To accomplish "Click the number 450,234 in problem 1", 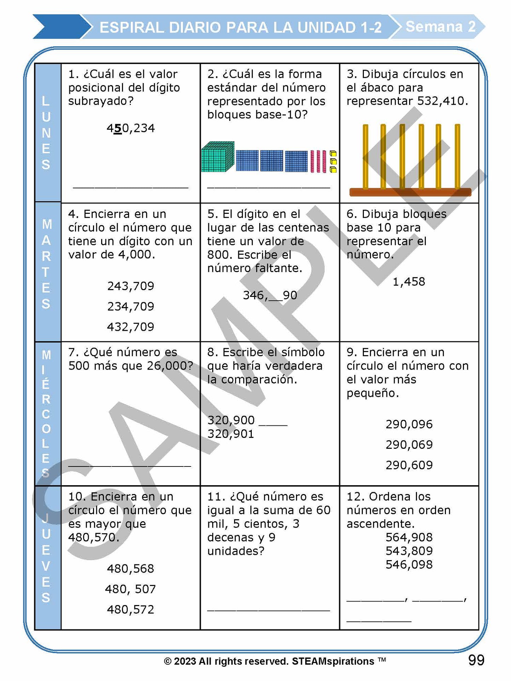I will pos(130,128).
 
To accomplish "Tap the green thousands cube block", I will pos(217,157).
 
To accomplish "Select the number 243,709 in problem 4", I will pos(130,286).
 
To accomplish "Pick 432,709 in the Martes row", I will pos(130,327).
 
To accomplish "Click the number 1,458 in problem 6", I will pos(409,282).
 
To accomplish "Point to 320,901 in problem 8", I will pos(231,434).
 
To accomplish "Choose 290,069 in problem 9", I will pos(409,445).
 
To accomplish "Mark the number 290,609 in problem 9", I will pos(409,465).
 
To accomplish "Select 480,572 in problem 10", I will pos(130,610).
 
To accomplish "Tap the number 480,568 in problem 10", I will pos(130,569).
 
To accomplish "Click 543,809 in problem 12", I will pos(409,551).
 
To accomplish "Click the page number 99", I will pos(476,660).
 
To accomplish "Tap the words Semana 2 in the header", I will pos(440,27).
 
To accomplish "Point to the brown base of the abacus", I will pos(410,192).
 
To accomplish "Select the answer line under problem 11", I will pos(268,609).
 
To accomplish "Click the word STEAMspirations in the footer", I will pos(333,662).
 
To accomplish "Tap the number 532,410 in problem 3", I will pos(442,101).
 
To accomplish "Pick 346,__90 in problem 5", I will pos(269,295).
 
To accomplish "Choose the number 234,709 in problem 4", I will pos(130,306).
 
